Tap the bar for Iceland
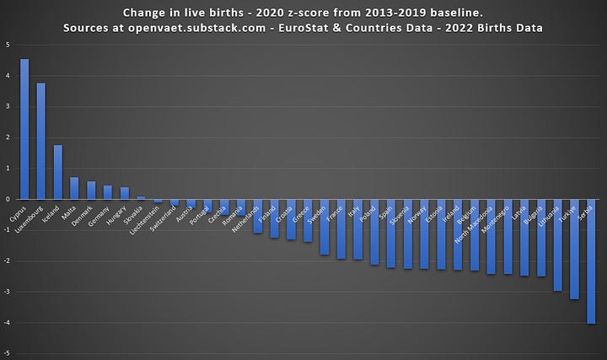click(58, 172)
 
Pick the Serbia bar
click(591, 261)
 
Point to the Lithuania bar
click(557, 244)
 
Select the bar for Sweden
click(325, 227)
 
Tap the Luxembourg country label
click(30, 218)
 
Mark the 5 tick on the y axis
click(8, 45)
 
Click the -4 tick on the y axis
click(7, 323)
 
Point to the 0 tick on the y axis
click(8, 200)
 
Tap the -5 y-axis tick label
click(7, 354)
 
